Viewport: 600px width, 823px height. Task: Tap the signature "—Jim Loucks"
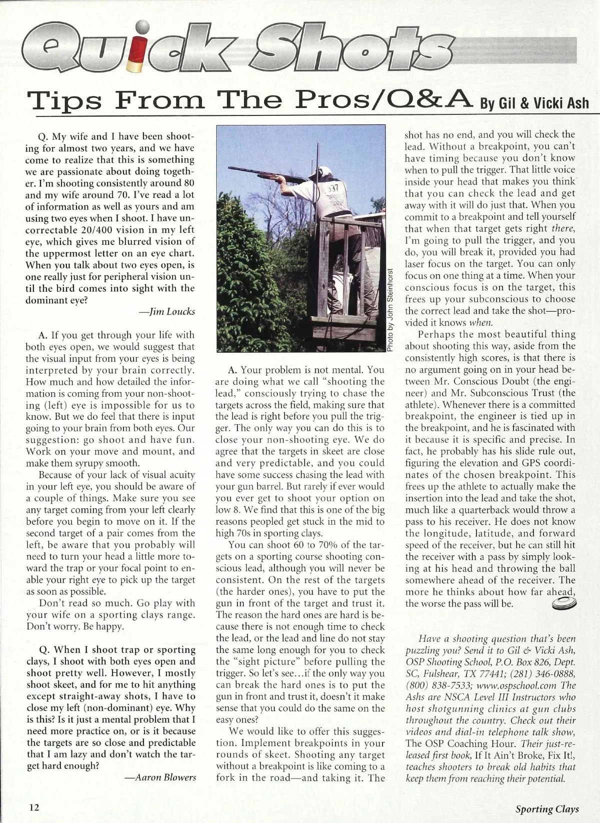167,312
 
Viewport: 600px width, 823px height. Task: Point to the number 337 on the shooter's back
333,190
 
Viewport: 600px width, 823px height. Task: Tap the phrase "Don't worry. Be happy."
74,627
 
